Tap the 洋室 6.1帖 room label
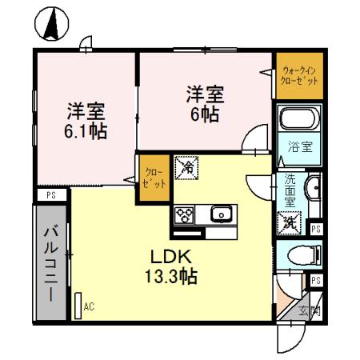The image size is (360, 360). tap(87, 121)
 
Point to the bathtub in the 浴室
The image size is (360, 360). tap(299, 122)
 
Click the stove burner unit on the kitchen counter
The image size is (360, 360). tap(186, 215)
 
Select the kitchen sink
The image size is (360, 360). tap(221, 214)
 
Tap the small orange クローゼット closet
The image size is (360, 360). tap(154, 177)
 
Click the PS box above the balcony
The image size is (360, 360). tap(50, 194)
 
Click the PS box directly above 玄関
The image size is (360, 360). tap(316, 280)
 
